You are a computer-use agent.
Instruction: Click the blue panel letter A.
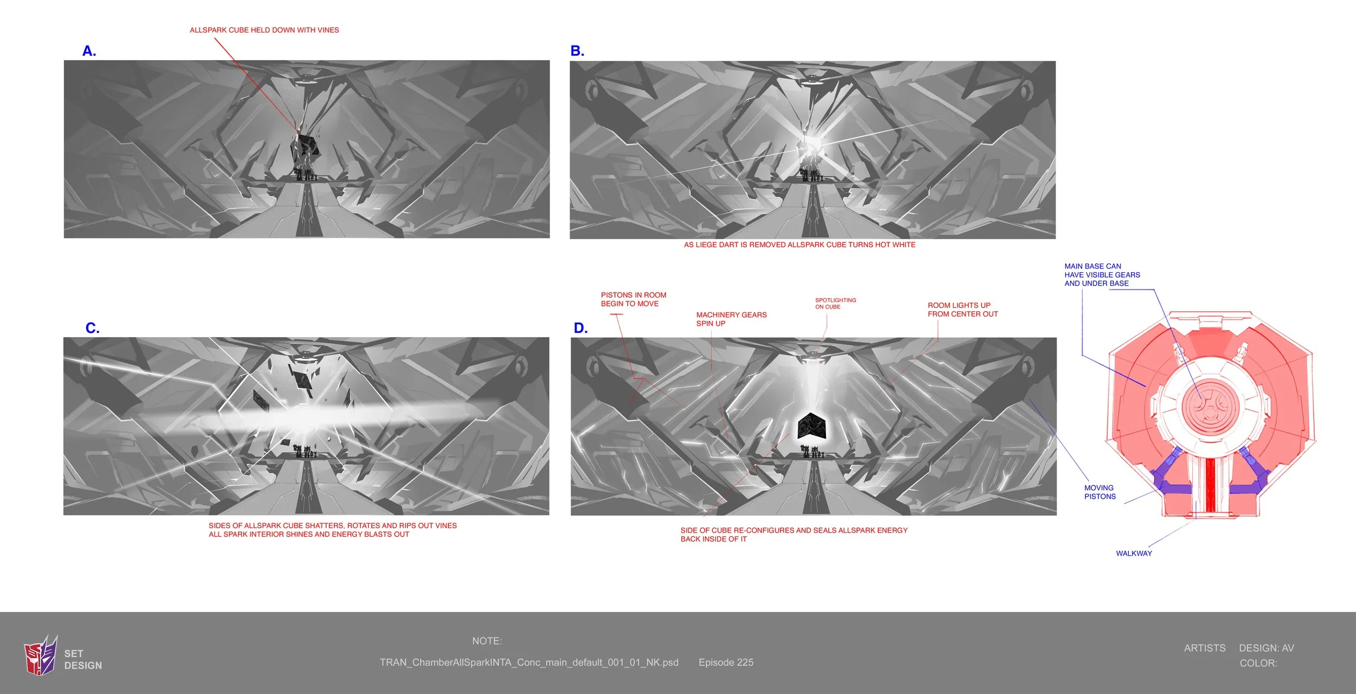click(89, 51)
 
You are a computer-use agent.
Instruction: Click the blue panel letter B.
click(577, 51)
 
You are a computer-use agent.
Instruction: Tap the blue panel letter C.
click(92, 328)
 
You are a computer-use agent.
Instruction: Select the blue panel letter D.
click(580, 328)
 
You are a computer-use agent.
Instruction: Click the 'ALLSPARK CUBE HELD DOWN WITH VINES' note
click(264, 30)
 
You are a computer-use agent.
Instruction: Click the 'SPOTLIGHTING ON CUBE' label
click(835, 304)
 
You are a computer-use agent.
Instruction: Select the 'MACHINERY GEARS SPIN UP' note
click(731, 319)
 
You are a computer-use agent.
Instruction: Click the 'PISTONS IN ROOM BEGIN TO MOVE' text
click(633, 299)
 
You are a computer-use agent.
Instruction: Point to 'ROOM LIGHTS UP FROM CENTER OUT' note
click(962, 310)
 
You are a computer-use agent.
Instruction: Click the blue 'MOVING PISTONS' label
click(1099, 492)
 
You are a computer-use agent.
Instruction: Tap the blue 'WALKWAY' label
click(1134, 554)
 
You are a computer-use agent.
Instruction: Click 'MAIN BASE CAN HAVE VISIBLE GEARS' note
click(1102, 275)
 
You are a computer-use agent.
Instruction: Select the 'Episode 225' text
click(726, 663)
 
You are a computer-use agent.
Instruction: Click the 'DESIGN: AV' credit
click(1266, 648)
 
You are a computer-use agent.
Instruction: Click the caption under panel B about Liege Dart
click(799, 245)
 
